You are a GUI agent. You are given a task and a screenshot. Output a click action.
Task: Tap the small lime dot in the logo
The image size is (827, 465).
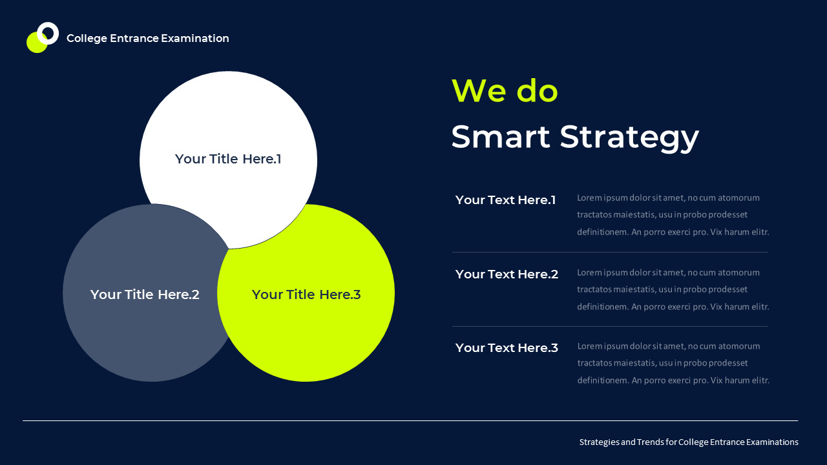point(35,45)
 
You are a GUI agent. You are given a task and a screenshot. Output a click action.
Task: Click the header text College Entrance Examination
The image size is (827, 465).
point(147,39)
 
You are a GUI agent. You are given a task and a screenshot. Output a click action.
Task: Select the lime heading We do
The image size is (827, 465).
point(504,90)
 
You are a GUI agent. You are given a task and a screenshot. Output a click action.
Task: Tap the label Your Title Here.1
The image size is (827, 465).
point(228,159)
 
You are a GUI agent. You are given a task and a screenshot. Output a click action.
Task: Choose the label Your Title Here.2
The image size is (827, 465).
point(145,294)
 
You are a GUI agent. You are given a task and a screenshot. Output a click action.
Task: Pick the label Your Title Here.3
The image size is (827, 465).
point(306,294)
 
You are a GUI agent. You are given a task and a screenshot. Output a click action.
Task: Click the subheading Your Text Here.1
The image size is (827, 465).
point(505,200)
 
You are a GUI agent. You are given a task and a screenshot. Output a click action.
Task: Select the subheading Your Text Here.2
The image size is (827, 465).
point(507,274)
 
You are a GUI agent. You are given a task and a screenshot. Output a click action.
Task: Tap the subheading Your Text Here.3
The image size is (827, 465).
point(507,348)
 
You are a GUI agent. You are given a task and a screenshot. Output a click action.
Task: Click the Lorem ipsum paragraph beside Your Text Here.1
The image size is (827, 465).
point(673,214)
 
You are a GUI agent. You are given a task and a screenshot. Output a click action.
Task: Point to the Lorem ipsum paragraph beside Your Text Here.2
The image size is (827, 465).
point(673,289)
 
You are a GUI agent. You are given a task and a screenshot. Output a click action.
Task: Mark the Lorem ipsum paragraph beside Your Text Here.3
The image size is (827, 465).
point(673,363)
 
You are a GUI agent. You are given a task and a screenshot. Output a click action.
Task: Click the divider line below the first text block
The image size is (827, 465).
point(610,253)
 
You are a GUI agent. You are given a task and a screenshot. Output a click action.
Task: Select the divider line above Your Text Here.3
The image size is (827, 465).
point(610,327)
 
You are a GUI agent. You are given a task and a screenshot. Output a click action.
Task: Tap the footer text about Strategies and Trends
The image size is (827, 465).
point(689,442)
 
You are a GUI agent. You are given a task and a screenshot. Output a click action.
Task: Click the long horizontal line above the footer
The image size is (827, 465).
point(410,421)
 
